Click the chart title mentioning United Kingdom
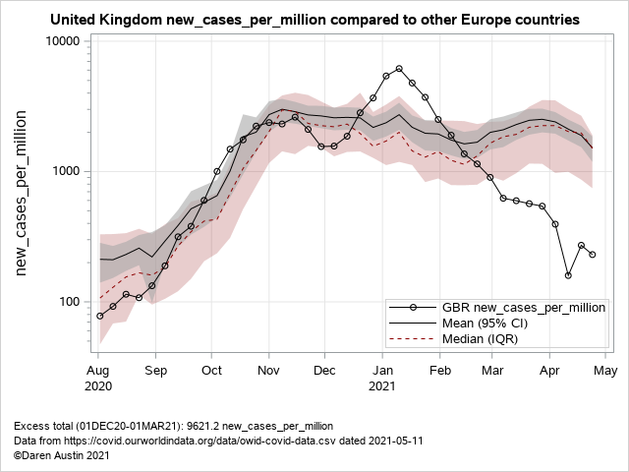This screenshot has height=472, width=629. [314, 19]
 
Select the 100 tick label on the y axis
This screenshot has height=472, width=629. [72, 301]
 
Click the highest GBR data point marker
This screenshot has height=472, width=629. [399, 69]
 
